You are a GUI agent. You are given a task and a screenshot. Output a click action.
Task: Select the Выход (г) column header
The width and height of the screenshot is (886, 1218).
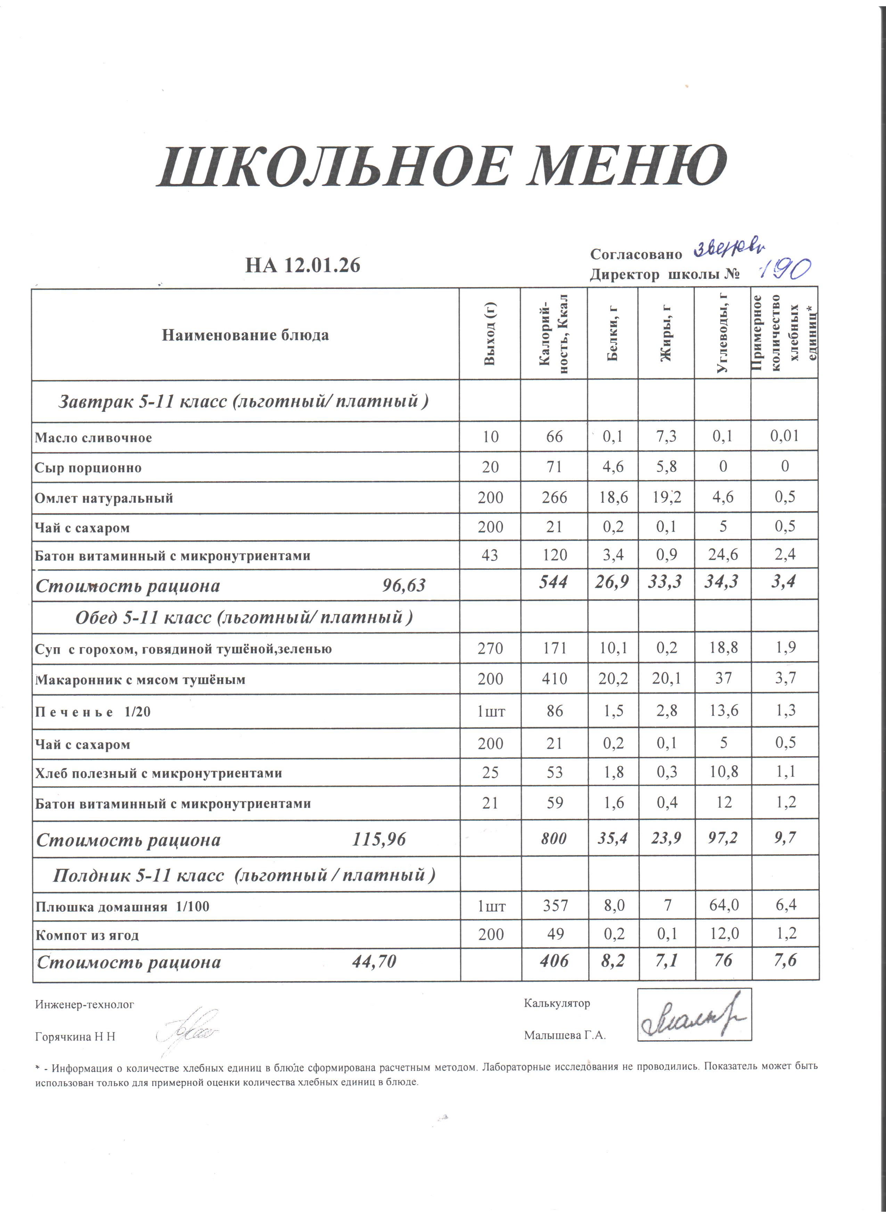tap(490, 334)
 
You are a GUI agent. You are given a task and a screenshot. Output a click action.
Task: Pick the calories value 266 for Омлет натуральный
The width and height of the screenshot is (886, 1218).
tap(554, 497)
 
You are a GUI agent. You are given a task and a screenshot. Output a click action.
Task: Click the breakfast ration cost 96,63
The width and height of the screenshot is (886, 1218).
tap(403, 585)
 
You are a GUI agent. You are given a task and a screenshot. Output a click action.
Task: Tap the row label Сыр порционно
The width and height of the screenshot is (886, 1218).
tap(88, 468)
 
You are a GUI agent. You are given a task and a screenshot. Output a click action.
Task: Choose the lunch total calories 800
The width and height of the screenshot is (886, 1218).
tap(553, 838)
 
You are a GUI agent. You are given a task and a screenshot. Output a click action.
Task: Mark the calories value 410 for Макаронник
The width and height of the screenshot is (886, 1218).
tap(554, 679)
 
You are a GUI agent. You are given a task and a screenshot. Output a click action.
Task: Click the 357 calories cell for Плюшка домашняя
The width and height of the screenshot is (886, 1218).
tap(555, 906)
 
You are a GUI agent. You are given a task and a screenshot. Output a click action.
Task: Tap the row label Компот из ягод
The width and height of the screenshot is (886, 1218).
tap(87, 935)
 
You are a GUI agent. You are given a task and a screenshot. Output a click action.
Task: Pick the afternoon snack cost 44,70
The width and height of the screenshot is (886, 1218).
tap(374, 962)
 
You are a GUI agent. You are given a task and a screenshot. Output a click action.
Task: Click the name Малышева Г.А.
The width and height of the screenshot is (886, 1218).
tap(565, 1036)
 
